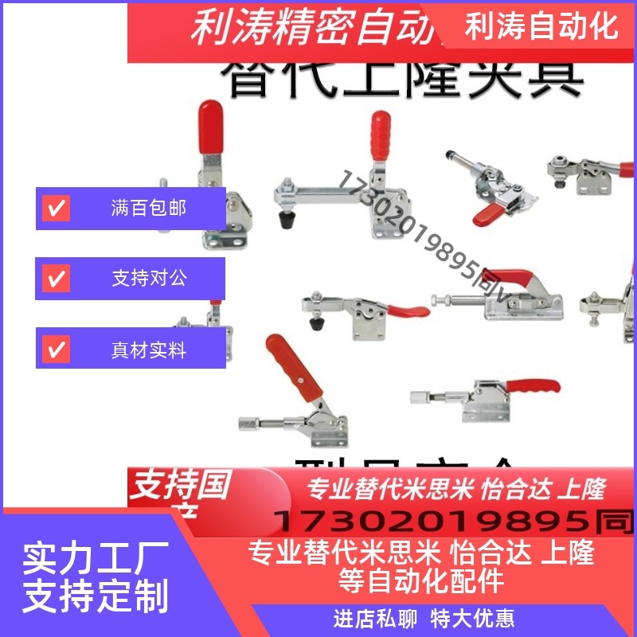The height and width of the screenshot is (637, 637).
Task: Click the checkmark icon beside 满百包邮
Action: [57, 209]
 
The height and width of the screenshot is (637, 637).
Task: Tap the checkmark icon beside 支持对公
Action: [57, 279]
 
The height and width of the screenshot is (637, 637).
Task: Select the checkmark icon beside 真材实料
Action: [57, 350]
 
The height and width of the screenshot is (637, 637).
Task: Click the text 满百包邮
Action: [149, 209]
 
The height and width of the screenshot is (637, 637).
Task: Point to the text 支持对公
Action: [149, 279]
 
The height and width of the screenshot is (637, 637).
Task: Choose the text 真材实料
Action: [149, 350]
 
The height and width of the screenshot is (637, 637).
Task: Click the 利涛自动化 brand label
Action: [541, 25]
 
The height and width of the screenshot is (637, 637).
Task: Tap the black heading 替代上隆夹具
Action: [402, 78]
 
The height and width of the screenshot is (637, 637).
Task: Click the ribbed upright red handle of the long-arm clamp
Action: [381, 135]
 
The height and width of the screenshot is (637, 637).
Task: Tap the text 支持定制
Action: [95, 596]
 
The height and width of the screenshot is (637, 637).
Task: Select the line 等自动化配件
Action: [421, 580]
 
